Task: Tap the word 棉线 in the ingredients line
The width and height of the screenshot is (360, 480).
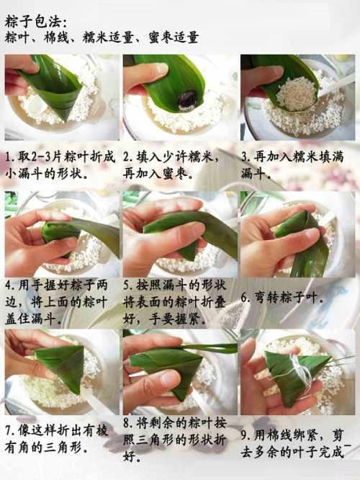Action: pos(57,37)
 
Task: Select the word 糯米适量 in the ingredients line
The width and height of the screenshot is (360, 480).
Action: pos(108,37)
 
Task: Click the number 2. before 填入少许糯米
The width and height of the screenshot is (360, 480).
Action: pos(128,157)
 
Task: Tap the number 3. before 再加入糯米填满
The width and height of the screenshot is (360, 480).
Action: pos(246,157)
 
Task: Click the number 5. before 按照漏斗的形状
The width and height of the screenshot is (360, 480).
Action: pos(128,285)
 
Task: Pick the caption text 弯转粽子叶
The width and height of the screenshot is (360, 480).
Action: pos(288,298)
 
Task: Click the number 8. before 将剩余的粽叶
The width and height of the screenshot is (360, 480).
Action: pos(128,423)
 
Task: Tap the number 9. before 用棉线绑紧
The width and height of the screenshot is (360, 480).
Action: pos(246,435)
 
